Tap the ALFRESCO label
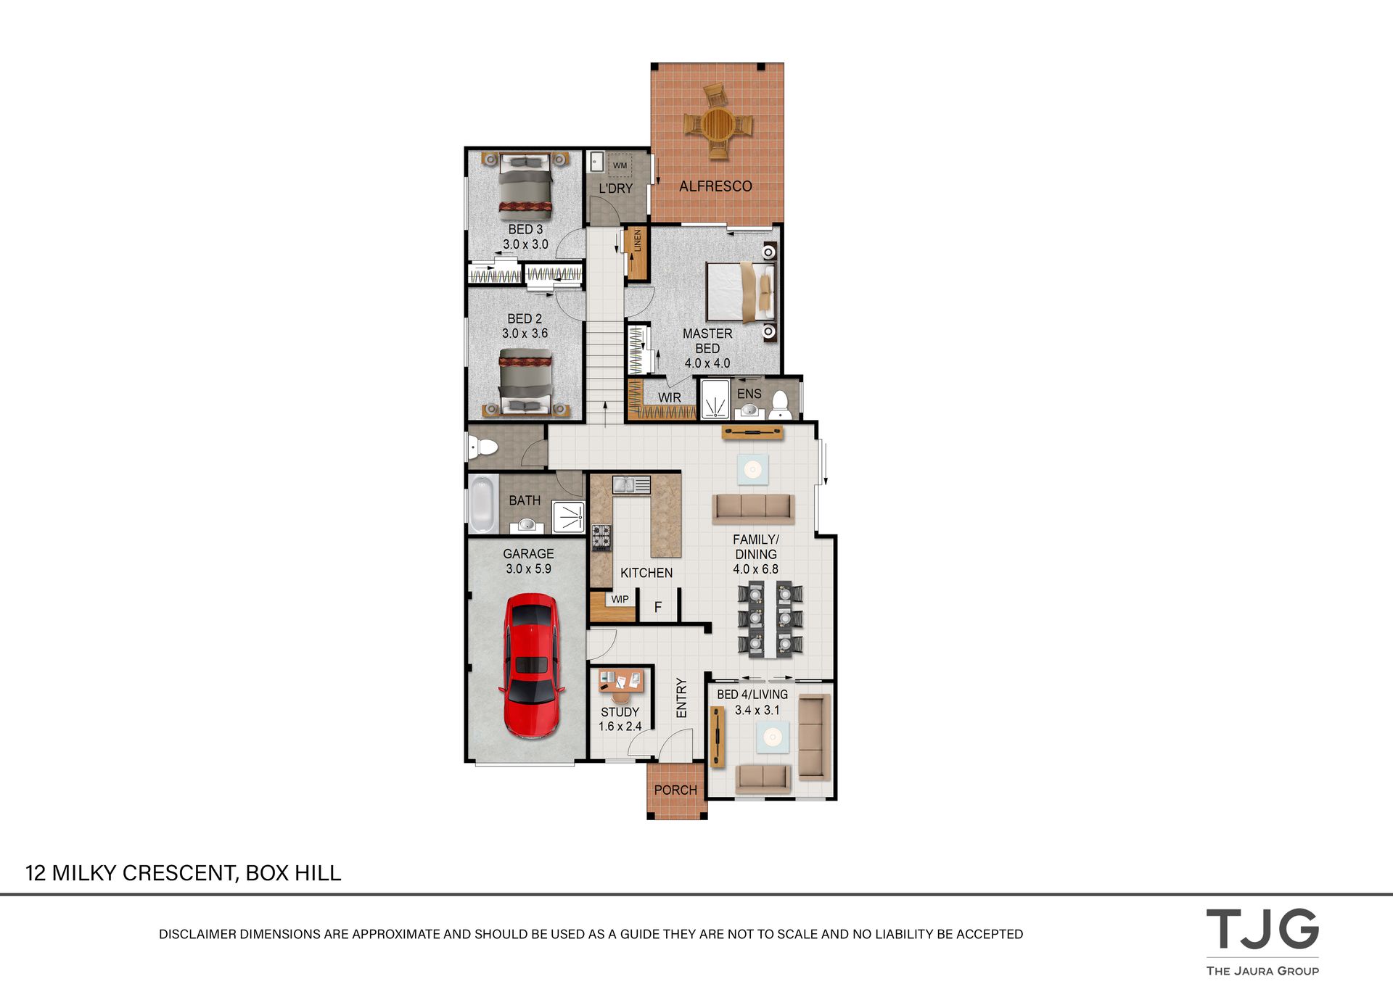pyautogui.click(x=715, y=186)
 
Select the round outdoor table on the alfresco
pyautogui.click(x=718, y=125)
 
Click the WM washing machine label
pyautogui.click(x=620, y=165)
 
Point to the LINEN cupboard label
pyautogui.click(x=637, y=240)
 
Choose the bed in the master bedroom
pyautogui.click(x=741, y=292)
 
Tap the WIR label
pyautogui.click(x=669, y=397)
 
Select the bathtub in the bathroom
pyautogui.click(x=482, y=504)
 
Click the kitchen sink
pyautogui.click(x=631, y=484)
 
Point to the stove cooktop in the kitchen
pyautogui.click(x=601, y=537)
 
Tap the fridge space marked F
pyautogui.click(x=658, y=607)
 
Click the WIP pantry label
pyautogui.click(x=620, y=599)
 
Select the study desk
pyautogui.click(x=621, y=681)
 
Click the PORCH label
pyautogui.click(x=675, y=790)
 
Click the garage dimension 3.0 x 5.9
pyautogui.click(x=528, y=569)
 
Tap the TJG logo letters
pyautogui.click(x=1262, y=929)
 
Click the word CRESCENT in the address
pyautogui.click(x=181, y=873)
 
